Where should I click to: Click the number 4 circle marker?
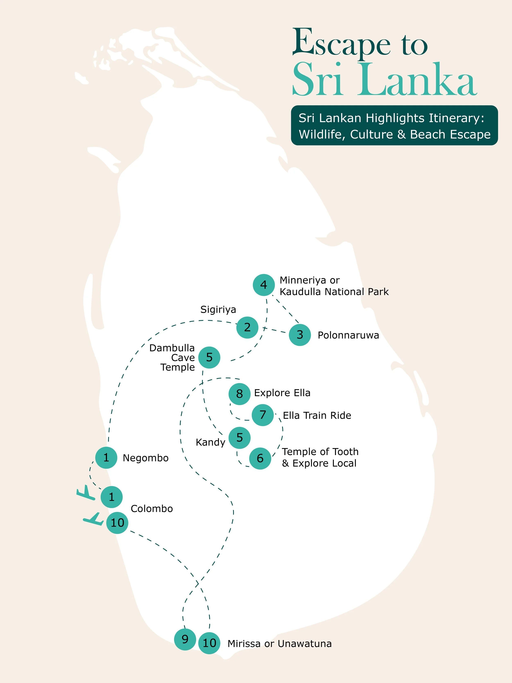(x=264, y=285)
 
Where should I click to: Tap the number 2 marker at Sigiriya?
(x=247, y=327)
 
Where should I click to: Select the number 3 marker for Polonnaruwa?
(x=300, y=335)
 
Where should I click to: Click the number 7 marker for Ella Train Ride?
(x=263, y=415)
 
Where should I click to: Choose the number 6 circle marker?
(x=260, y=459)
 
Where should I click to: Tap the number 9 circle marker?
(x=185, y=639)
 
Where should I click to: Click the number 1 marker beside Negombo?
(x=106, y=458)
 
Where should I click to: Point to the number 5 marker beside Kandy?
(x=239, y=438)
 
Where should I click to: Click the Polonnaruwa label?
(x=348, y=335)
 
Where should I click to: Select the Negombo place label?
(x=146, y=458)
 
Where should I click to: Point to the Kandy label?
(x=210, y=442)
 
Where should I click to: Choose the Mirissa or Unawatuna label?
(x=280, y=644)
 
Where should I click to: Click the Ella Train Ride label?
(x=317, y=416)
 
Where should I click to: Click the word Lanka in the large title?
(x=417, y=80)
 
